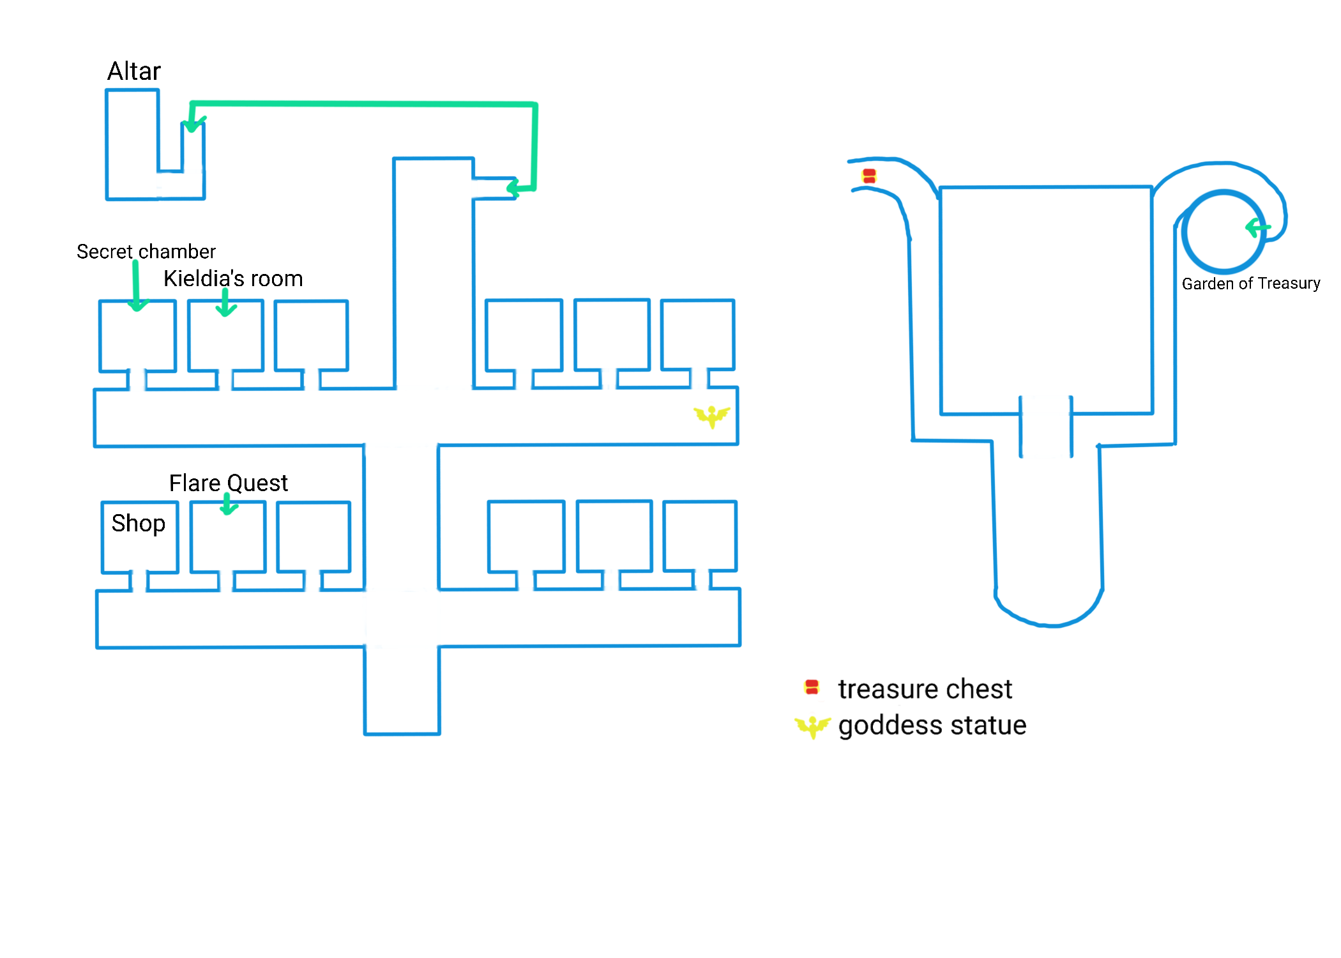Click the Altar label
pos(134,71)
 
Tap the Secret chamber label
pos(146,252)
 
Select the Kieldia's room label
pos(233,279)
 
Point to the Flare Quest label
pos(228,483)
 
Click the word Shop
pos(138,523)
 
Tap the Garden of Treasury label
pos(1250,284)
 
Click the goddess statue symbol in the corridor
pos(711,416)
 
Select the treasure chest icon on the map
pos(869,176)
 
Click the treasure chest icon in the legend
pos(812,687)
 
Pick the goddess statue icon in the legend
pos(812,726)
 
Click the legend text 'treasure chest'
pos(925,689)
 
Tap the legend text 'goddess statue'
pos(932,726)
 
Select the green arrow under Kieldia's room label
pos(225,303)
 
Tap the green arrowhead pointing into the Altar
pos(192,124)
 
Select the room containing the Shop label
pos(139,549)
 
